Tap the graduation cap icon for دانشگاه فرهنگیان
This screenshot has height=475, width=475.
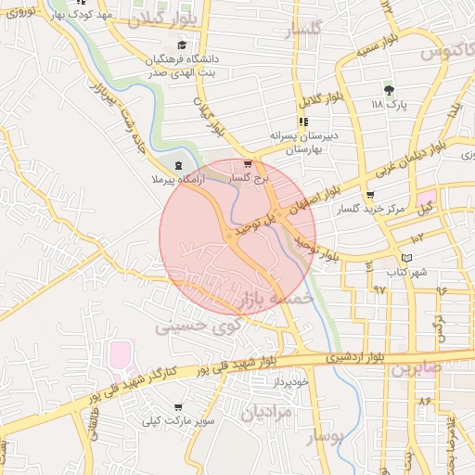pos(181,45)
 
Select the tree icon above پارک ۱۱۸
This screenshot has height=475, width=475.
pos(389,91)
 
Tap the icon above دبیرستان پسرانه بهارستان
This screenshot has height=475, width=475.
pos(302,122)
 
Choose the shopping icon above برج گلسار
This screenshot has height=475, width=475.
pos(247,164)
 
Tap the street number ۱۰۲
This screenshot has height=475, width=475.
pos(417,239)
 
